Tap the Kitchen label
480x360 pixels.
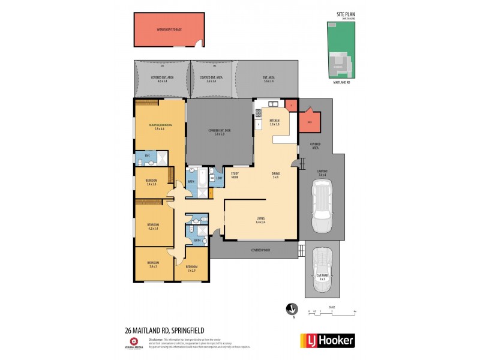click(x=275, y=122)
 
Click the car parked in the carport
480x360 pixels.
click(x=322, y=203)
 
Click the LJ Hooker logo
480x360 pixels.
click(x=327, y=340)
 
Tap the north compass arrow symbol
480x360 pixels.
click(x=291, y=308)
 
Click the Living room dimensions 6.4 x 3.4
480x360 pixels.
click(x=260, y=222)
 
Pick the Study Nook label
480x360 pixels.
click(x=235, y=176)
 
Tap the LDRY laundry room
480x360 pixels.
click(x=220, y=177)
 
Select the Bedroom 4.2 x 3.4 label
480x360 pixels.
click(x=152, y=227)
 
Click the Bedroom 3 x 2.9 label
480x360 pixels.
click(x=191, y=268)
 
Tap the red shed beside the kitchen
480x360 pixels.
click(x=310, y=122)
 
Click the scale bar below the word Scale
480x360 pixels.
click(x=332, y=312)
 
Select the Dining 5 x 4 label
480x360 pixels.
click(x=275, y=175)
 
